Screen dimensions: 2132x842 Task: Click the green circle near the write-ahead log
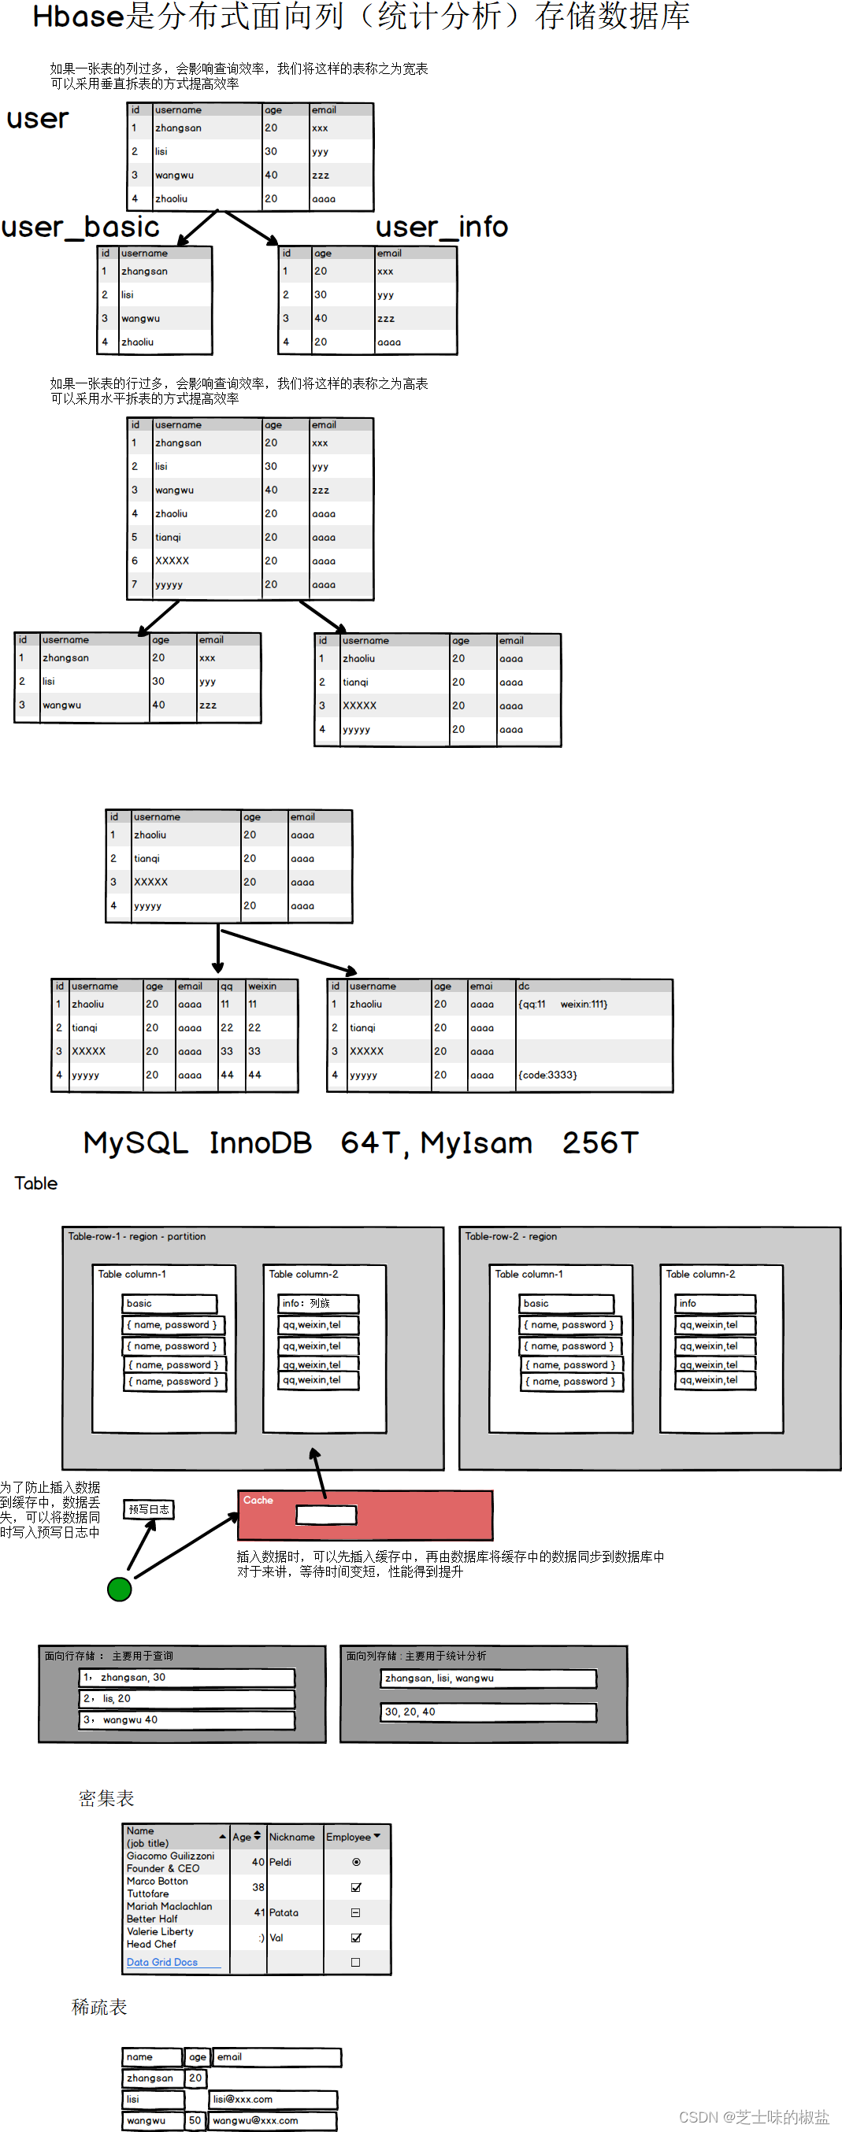(x=119, y=1588)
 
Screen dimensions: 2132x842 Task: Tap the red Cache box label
(x=258, y=1500)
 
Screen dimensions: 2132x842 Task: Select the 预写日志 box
(x=149, y=1509)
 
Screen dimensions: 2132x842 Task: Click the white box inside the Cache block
(x=326, y=1515)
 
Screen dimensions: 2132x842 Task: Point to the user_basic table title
(x=80, y=227)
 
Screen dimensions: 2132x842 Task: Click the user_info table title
(x=441, y=227)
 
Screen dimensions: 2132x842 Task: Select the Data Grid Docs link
(x=162, y=1961)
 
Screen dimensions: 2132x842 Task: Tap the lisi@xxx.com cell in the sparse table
(x=273, y=2099)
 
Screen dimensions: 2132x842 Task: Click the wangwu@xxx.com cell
(x=273, y=2120)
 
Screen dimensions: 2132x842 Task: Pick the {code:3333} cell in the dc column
(x=547, y=1075)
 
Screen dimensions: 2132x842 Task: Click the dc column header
(x=524, y=986)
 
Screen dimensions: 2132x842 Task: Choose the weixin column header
(x=262, y=986)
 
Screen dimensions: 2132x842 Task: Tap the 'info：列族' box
(x=318, y=1303)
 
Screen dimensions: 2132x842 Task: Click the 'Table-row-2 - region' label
(x=511, y=1237)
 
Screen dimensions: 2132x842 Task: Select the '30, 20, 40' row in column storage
(x=488, y=1712)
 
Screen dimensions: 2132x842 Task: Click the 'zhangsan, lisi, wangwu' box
(x=488, y=1679)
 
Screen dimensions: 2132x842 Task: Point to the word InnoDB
(x=260, y=1143)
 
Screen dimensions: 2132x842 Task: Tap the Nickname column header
(x=291, y=1837)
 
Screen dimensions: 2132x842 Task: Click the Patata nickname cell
(x=284, y=1912)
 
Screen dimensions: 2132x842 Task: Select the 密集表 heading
(x=107, y=1797)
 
